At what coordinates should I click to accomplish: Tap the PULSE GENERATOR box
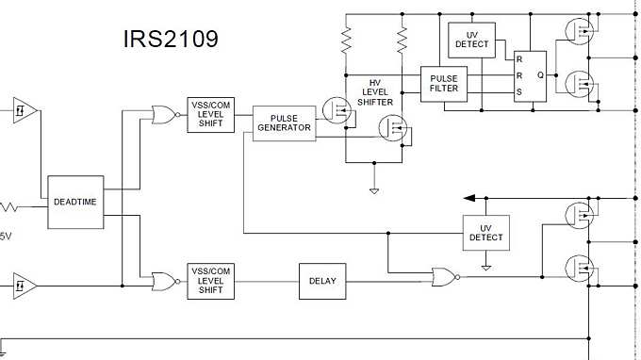coord(284,123)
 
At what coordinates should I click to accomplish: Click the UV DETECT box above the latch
coord(472,39)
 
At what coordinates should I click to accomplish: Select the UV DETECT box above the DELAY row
coord(485,233)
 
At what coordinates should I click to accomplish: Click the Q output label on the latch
coord(539,74)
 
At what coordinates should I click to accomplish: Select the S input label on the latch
coord(518,92)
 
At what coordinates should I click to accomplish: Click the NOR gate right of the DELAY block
coord(443,276)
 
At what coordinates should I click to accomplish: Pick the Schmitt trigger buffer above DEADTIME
coord(25,110)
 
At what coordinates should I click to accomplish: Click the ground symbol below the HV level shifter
coord(374,191)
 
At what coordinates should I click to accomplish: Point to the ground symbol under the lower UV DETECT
coord(485,267)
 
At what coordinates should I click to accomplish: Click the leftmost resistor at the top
coord(346,41)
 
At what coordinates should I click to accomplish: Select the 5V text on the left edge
coord(6,236)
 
